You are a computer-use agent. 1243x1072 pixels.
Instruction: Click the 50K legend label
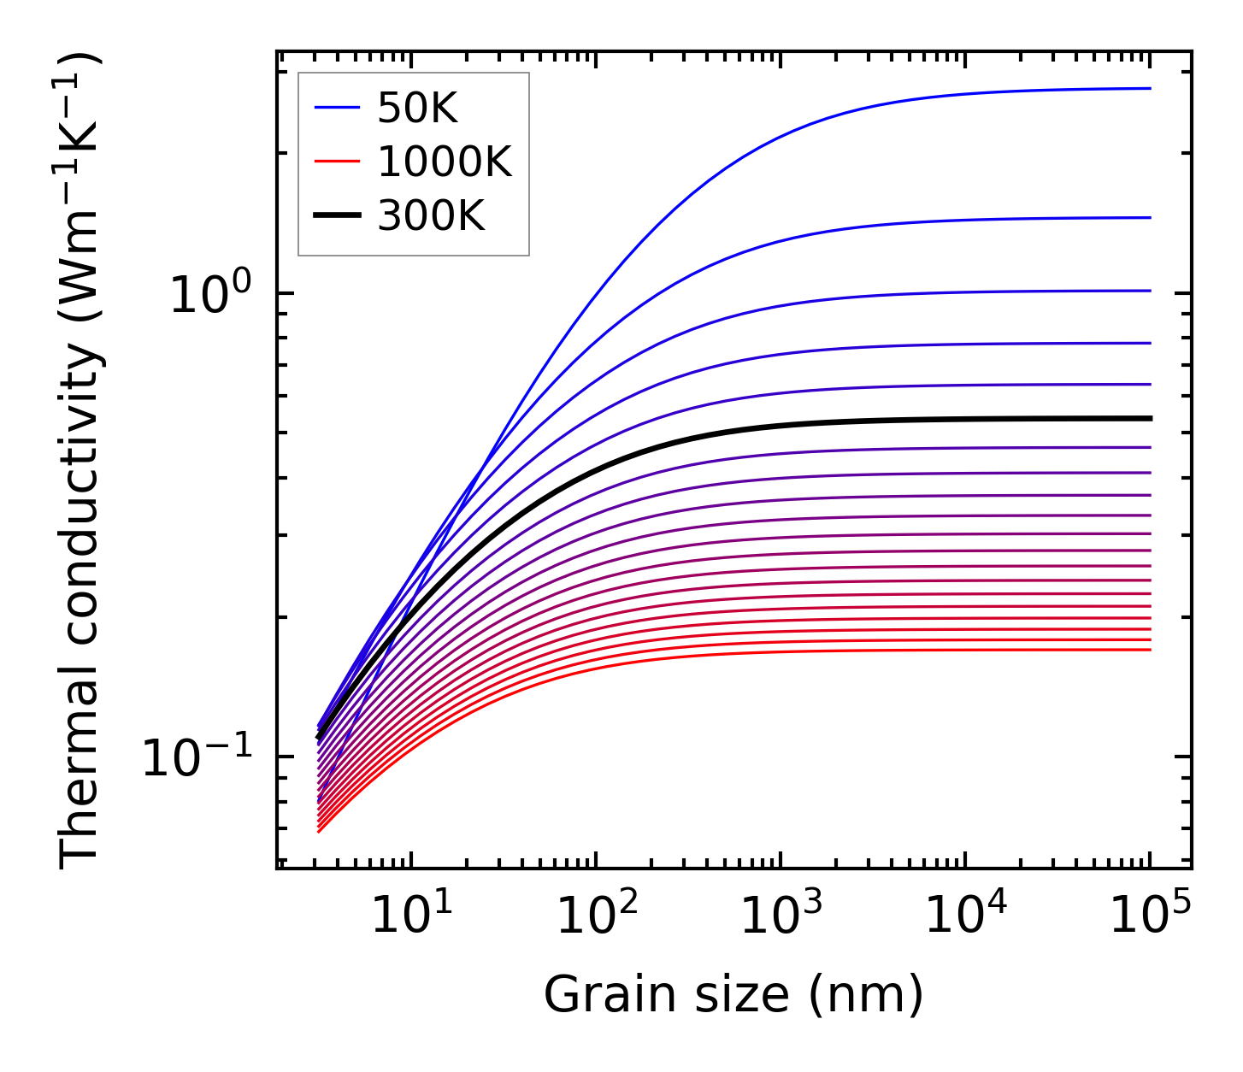coord(417,109)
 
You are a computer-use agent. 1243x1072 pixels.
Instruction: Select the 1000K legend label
coord(445,162)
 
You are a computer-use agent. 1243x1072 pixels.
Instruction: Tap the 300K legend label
coord(431,216)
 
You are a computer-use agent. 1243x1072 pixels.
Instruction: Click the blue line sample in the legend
coord(339,108)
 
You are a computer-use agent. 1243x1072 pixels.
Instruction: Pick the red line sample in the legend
coord(339,162)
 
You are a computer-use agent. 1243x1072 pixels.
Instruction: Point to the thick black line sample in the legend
coord(339,216)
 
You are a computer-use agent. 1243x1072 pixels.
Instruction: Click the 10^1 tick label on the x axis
coord(412,916)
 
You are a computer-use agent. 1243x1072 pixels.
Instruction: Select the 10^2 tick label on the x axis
coord(597,916)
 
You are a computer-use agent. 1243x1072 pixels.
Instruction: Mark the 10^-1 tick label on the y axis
coord(197,758)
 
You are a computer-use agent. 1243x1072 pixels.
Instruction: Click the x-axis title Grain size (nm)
coord(733,995)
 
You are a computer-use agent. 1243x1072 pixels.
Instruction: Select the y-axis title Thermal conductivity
coord(82,462)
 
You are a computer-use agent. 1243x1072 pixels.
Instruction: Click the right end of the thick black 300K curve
coord(1150,418)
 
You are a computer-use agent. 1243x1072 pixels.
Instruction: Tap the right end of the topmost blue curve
coord(1150,88)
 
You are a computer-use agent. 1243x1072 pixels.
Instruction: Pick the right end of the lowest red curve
coord(1150,650)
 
